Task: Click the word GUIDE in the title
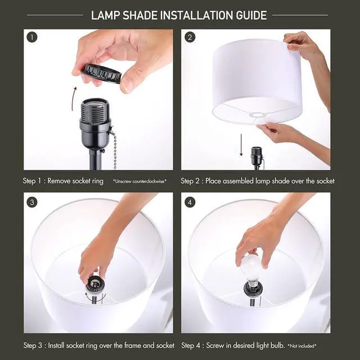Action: pos(251,15)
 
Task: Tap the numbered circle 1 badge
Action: pos(32,38)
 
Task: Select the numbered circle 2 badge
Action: pos(190,38)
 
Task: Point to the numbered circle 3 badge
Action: pos(32,202)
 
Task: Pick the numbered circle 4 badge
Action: pos(190,202)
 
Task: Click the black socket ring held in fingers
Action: pos(101,73)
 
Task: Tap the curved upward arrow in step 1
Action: pos(74,99)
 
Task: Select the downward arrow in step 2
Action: pos(241,145)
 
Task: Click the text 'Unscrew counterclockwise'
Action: pos(139,181)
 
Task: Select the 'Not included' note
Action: pos(302,345)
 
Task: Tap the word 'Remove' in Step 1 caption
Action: pos(58,181)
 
